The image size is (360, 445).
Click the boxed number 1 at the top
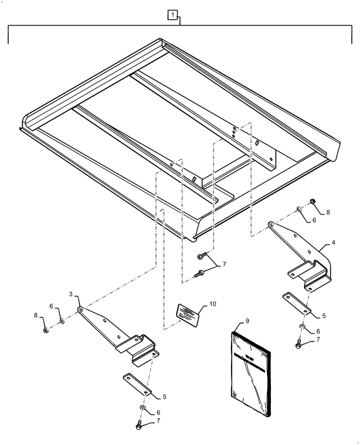pyautogui.click(x=172, y=13)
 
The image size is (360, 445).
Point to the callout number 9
pyautogui.click(x=247, y=321)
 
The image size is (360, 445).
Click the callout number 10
pyautogui.click(x=212, y=304)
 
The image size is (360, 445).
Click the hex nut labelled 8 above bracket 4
pyautogui.click(x=313, y=203)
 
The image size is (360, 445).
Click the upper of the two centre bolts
pyautogui.click(x=200, y=256)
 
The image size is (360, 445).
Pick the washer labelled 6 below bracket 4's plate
pyautogui.click(x=301, y=329)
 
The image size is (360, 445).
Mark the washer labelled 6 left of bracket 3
pyautogui.click(x=62, y=322)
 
